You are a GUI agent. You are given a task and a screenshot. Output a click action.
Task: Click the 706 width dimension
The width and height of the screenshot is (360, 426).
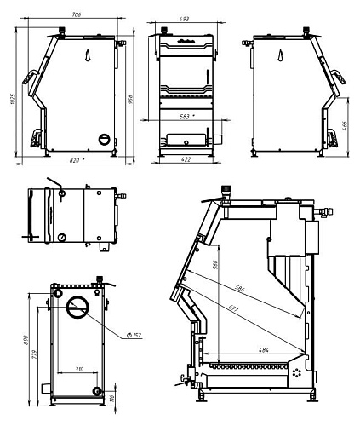(x=77, y=14)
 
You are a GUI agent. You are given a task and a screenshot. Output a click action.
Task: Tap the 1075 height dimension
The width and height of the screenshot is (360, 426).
(x=14, y=99)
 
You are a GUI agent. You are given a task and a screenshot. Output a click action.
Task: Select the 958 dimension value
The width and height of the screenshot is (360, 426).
(x=130, y=99)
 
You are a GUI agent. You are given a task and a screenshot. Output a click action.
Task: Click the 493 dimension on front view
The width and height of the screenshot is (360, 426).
(x=184, y=19)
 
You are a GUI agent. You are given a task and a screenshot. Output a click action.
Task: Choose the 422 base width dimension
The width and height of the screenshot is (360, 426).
(x=186, y=159)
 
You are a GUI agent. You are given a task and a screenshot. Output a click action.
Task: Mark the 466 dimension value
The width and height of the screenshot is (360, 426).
(x=345, y=126)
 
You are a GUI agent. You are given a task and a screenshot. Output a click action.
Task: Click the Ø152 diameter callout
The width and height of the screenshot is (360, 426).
(x=134, y=336)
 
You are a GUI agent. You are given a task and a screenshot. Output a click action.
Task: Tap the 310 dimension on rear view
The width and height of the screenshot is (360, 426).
(x=79, y=369)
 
